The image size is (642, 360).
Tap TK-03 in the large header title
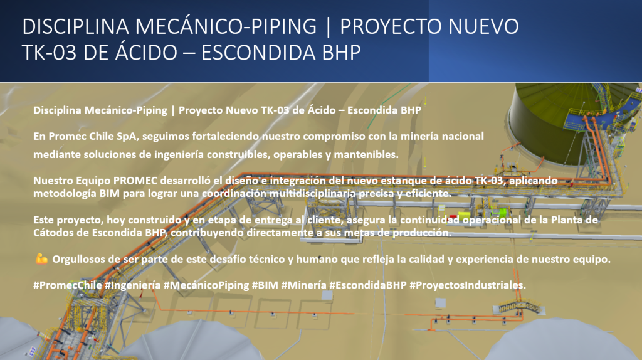pos(49,53)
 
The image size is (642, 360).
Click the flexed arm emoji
pos(41,259)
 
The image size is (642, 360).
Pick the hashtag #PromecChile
pos(68,285)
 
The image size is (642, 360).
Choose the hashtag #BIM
pos(265,285)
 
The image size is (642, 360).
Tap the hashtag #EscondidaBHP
pos(367,285)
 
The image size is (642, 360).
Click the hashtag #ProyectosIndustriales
pos(468,285)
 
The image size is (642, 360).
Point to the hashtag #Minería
pos(304,285)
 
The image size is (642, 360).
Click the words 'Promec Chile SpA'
pos(93,136)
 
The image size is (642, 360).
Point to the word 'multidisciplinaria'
pos(313,193)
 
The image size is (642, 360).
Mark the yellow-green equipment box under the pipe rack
pos(465,216)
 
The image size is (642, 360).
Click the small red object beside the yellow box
pos(453,216)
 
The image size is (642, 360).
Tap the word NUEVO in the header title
pos(483,26)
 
